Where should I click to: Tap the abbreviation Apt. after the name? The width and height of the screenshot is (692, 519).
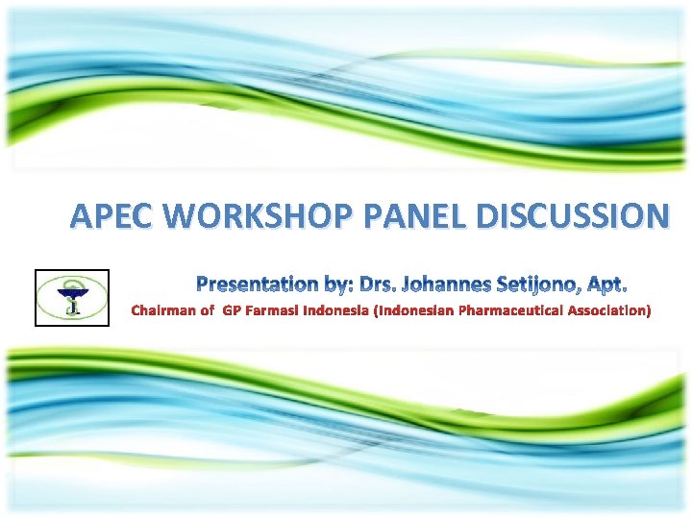click(606, 284)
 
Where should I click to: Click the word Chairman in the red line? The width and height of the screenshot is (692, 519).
click(161, 310)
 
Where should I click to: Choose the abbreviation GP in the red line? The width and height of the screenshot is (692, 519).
click(231, 310)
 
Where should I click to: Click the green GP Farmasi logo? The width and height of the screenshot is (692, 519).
click(72, 297)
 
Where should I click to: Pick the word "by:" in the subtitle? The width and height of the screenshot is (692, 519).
click(336, 284)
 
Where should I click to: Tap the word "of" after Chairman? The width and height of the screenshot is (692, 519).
click(207, 310)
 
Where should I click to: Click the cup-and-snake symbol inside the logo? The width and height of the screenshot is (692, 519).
click(72, 296)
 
